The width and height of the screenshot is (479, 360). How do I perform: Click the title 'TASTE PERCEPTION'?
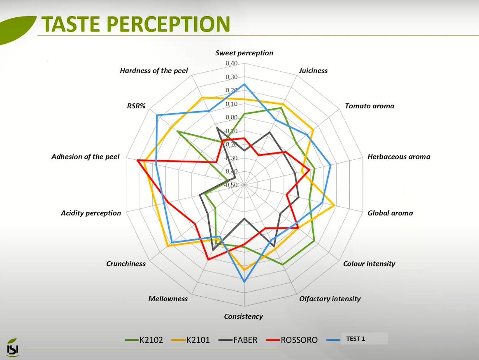pos(136,24)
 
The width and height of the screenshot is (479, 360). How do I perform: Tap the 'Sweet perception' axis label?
pos(244,53)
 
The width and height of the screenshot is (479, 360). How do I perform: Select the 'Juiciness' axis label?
pos(313,70)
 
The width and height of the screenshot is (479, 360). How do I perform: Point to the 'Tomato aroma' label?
pos(369,106)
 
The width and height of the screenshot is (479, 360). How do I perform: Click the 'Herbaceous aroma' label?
pos(399,157)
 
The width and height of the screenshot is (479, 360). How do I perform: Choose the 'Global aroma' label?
pos(390,213)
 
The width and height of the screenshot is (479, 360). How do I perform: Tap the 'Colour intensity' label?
pos(369,264)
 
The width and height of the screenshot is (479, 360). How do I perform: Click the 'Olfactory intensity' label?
pos(330,299)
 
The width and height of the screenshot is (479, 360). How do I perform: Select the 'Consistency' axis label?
pos(243,316)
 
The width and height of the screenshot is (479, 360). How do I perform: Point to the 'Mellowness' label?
pos(168,299)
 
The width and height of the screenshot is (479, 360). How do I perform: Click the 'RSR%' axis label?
pos(136,106)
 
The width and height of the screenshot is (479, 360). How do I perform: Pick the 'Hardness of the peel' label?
pos(153,71)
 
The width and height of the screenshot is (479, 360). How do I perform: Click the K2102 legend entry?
pos(144,340)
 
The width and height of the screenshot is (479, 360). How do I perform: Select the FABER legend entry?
pos(238,340)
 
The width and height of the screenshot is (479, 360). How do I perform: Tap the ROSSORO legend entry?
pos(292,340)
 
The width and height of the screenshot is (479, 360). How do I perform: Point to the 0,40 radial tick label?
pos(232,63)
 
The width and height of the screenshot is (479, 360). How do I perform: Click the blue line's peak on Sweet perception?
pos(244,84)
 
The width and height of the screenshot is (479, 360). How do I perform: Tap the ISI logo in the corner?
pos(12,348)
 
